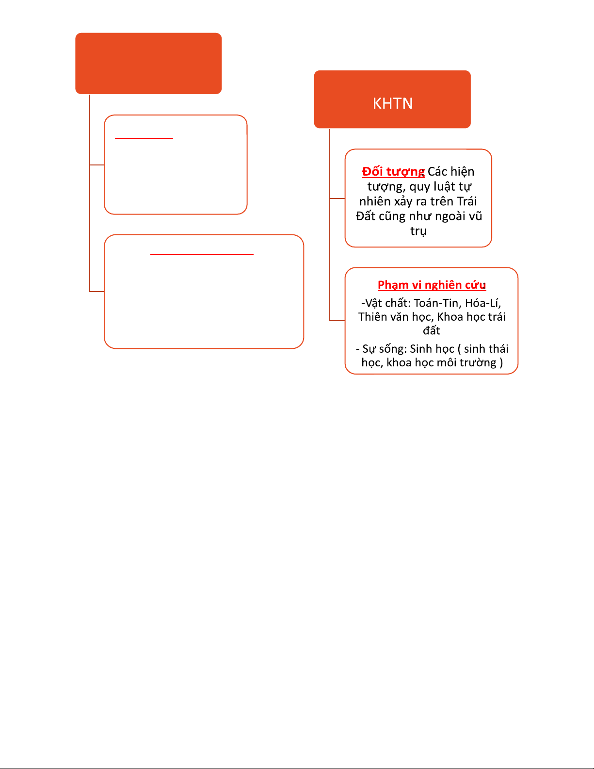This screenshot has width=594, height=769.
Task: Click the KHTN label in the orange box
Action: (392, 103)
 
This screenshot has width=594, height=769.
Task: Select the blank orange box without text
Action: (148, 63)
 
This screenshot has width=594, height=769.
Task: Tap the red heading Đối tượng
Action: (393, 172)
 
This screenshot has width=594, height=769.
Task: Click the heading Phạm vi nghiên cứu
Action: (432, 285)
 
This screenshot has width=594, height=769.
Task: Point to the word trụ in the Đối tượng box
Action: (418, 231)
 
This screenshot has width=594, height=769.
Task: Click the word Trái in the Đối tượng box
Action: (466, 201)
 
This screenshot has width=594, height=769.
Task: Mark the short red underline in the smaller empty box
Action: (144, 138)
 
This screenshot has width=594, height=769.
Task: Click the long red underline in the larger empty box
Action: (202, 254)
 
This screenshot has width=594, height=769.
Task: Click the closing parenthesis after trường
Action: (501, 362)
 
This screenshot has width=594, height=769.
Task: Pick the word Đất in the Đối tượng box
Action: (366, 216)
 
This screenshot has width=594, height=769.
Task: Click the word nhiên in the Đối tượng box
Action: (375, 201)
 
